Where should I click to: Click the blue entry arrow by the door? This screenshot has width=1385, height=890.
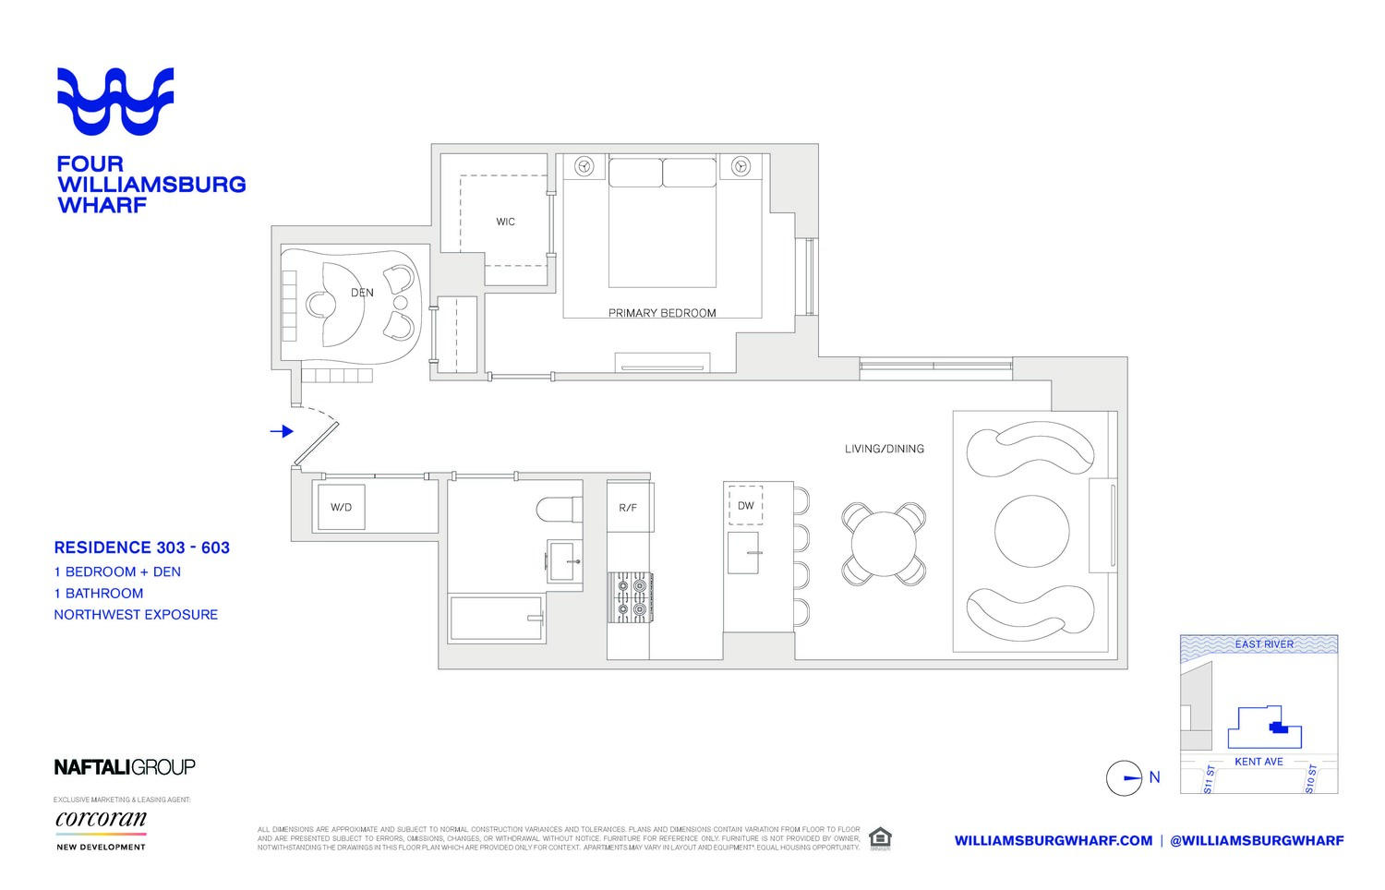tap(282, 431)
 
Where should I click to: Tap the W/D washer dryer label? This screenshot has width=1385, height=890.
tap(341, 507)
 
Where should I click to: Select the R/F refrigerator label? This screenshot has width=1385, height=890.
tap(628, 508)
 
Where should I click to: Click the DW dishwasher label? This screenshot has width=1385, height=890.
tap(745, 506)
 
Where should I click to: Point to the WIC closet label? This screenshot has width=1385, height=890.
tap(505, 222)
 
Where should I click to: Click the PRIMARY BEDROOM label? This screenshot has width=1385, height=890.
tap(662, 313)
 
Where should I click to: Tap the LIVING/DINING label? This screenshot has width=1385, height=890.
tap(884, 449)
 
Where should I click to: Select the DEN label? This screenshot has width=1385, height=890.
tap(362, 293)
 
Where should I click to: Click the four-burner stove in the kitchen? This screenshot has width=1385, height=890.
tap(630, 596)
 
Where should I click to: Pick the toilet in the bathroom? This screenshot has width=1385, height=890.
tap(559, 509)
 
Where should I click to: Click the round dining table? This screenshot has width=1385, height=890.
tap(884, 544)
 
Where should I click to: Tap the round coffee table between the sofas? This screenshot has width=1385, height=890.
tap(1031, 532)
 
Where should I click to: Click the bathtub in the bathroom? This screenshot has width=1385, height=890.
tap(497, 619)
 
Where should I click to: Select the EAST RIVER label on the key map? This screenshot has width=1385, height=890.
tap(1263, 644)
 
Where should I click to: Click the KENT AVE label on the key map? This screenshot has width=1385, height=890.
tap(1259, 762)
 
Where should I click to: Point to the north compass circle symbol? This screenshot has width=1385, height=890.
tap(1125, 778)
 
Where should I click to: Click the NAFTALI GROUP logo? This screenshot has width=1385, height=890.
tap(125, 767)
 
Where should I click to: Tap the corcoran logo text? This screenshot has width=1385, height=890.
tap(101, 819)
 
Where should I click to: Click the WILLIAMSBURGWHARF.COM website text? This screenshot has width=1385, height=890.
tap(1053, 841)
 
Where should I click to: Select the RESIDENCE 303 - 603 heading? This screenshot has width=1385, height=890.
tap(142, 547)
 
